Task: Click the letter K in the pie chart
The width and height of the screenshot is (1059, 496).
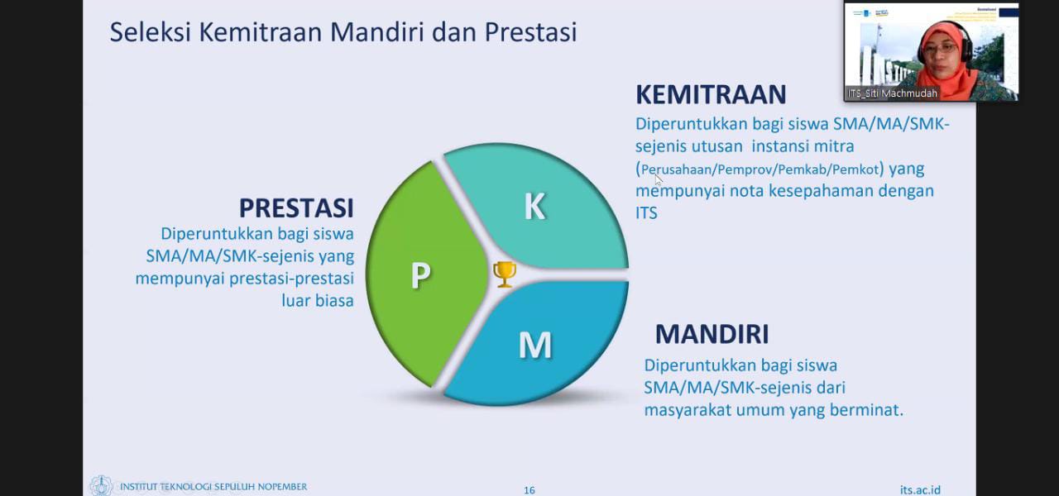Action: [x=534, y=207]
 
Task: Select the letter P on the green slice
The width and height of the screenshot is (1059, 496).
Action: [x=420, y=275]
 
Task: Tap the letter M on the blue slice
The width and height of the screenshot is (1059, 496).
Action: [x=534, y=345]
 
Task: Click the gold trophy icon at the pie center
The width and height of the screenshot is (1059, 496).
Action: [x=505, y=274]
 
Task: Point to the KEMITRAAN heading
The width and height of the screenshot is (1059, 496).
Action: [x=710, y=94]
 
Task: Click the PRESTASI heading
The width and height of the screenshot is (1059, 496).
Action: [x=296, y=207]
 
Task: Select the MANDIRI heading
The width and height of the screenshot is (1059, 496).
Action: [x=712, y=334]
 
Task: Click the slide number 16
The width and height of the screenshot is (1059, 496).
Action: [x=529, y=490]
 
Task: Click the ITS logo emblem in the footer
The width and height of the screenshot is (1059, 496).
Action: [x=101, y=486]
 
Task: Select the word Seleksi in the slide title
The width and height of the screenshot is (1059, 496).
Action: [x=146, y=32]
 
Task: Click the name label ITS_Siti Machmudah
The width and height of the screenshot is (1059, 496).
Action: [x=892, y=93]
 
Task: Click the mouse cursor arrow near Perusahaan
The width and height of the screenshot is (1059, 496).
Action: [x=659, y=179]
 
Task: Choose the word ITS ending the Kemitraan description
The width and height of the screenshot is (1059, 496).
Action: [x=646, y=213]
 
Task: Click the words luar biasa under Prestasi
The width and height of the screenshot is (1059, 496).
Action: [x=318, y=301]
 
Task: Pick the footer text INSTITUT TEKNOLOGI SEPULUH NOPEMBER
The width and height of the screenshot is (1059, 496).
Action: [x=213, y=486]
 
